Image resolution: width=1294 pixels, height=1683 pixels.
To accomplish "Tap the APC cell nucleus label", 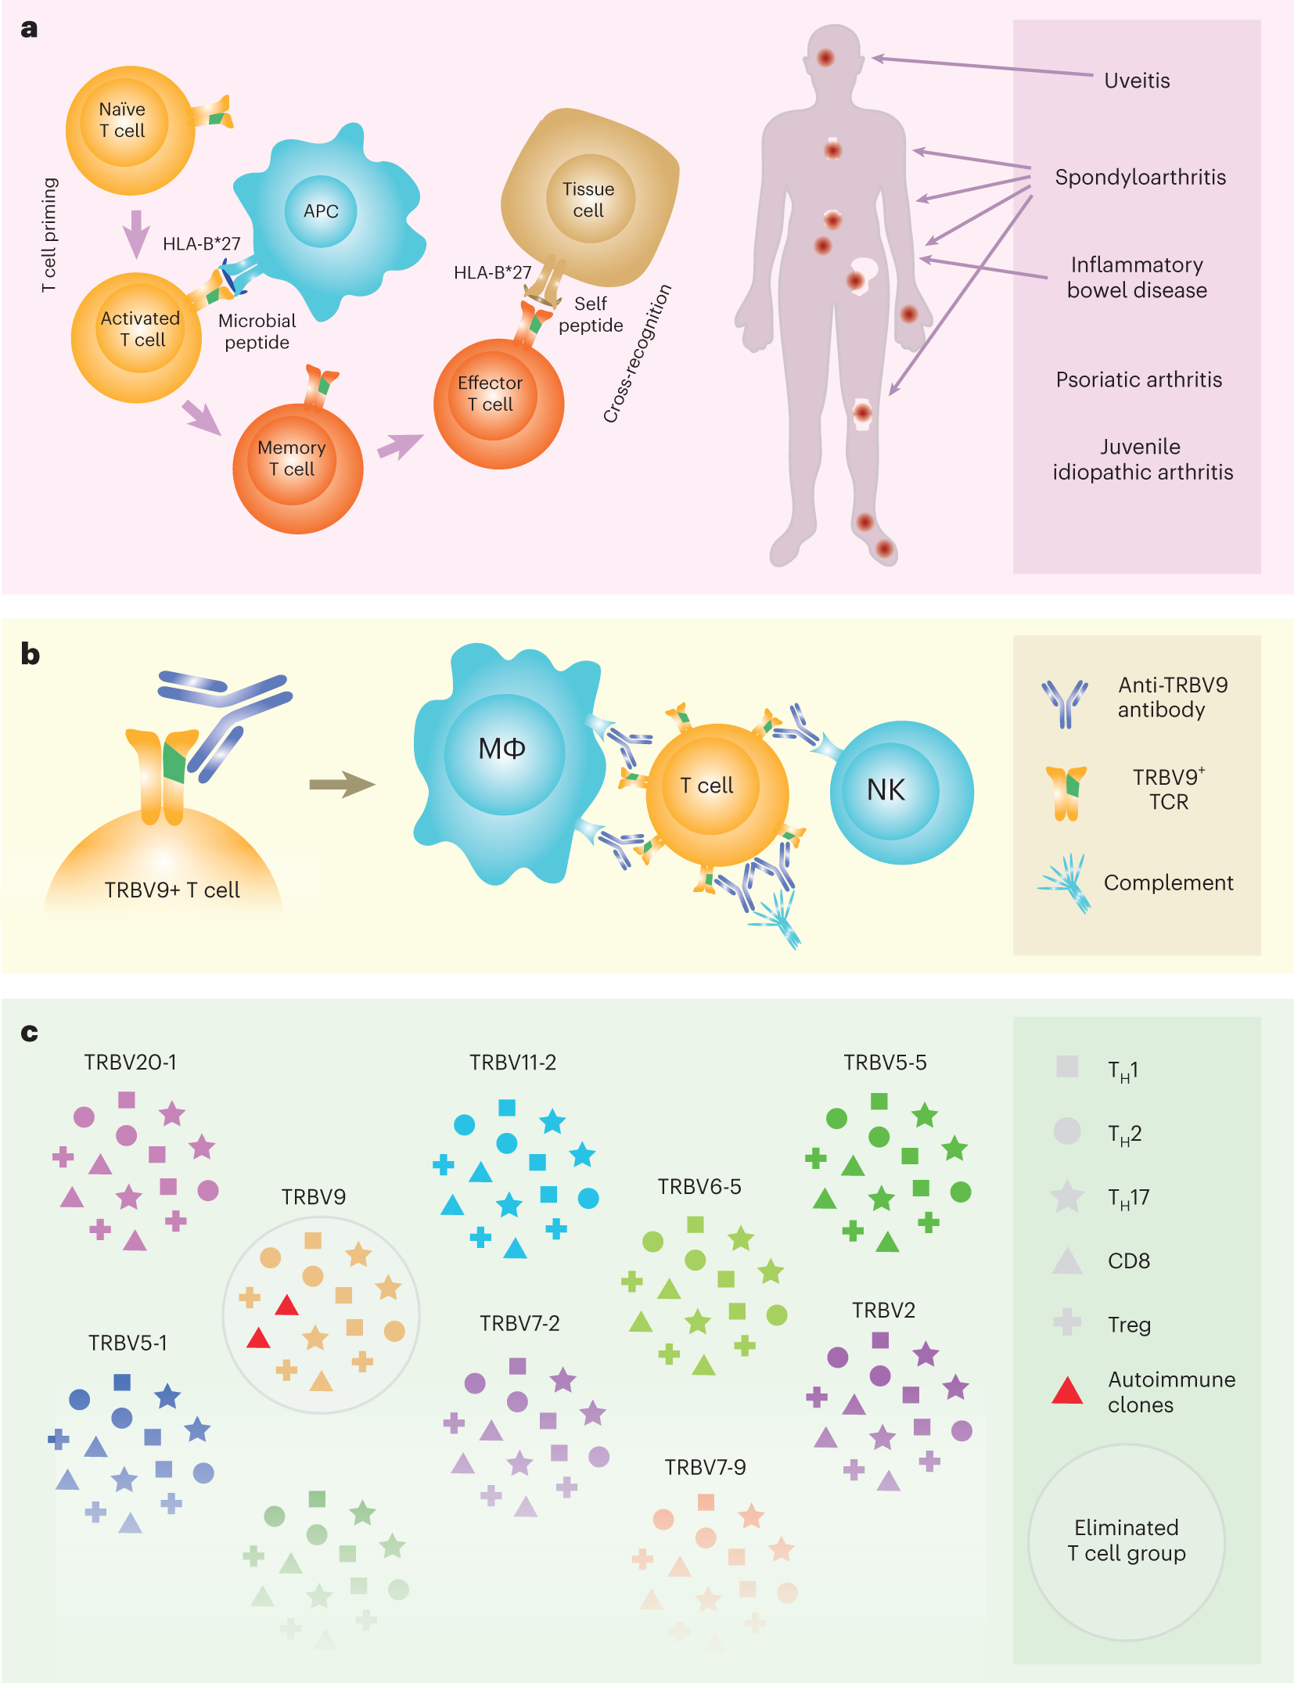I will click(x=321, y=211).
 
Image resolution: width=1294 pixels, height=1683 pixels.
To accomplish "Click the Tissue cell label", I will click(x=588, y=200).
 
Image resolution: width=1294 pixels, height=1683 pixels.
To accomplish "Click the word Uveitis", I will click(x=1137, y=81).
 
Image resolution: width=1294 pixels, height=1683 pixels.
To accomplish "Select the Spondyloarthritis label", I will click(x=1140, y=177).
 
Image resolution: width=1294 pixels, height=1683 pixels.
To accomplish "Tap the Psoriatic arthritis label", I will click(x=1138, y=379).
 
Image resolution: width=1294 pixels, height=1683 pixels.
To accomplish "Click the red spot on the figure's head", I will click(x=825, y=57).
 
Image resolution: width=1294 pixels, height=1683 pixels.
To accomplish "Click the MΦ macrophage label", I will click(x=502, y=750).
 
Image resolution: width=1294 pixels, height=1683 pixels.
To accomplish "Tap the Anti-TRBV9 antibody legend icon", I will click(x=1064, y=702).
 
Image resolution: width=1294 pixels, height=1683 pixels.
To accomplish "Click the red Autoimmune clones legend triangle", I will click(x=1066, y=1391).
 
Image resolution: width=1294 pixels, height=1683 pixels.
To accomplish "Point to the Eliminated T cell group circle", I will click(x=1126, y=1541).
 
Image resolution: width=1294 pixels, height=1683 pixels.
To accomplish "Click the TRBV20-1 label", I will click(x=130, y=1062).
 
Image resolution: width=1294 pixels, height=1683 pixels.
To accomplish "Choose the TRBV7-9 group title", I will click(x=705, y=1467).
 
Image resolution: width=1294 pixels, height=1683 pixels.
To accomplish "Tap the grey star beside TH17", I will click(x=1066, y=1197).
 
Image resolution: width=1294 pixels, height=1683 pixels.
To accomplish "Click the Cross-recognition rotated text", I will click(x=637, y=354).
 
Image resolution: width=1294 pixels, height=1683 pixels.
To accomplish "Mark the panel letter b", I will click(x=30, y=654).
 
